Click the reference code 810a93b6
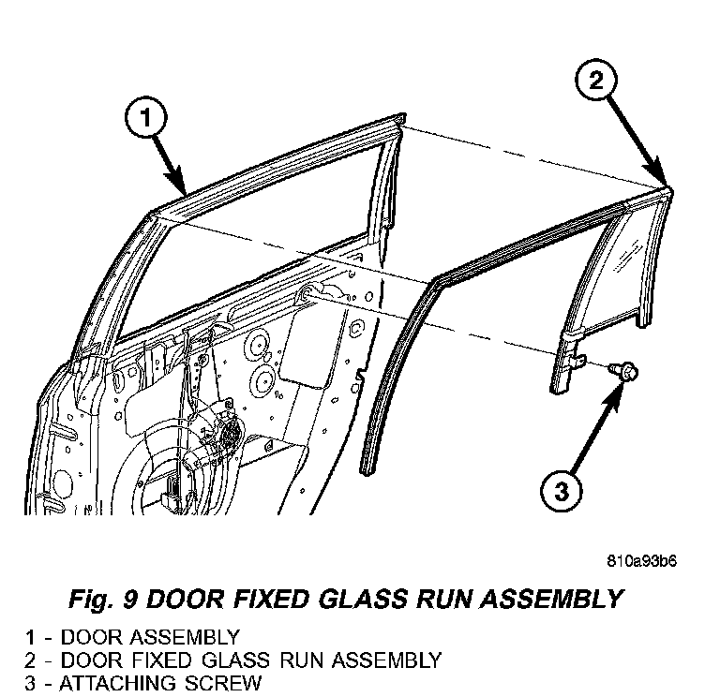click(x=639, y=561)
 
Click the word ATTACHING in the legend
click(x=117, y=683)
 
